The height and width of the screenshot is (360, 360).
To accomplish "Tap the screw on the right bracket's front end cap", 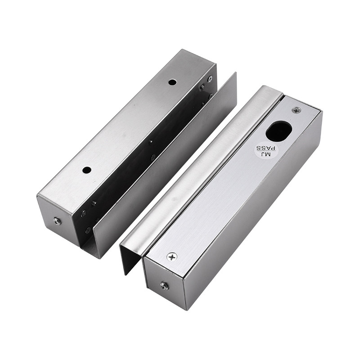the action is [164, 286].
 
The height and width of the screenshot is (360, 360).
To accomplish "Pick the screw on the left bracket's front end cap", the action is [57, 221].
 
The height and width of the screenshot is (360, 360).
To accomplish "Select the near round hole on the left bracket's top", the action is [87, 170].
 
